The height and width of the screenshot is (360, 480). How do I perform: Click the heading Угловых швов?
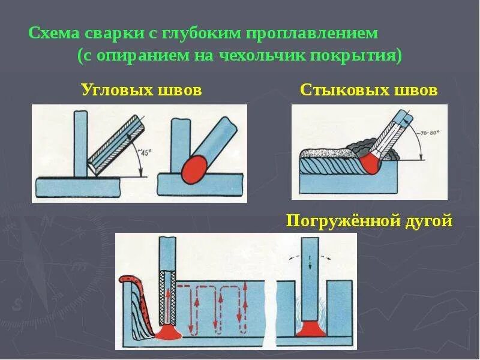point(141,91)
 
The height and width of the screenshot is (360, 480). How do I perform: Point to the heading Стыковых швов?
point(368,91)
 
